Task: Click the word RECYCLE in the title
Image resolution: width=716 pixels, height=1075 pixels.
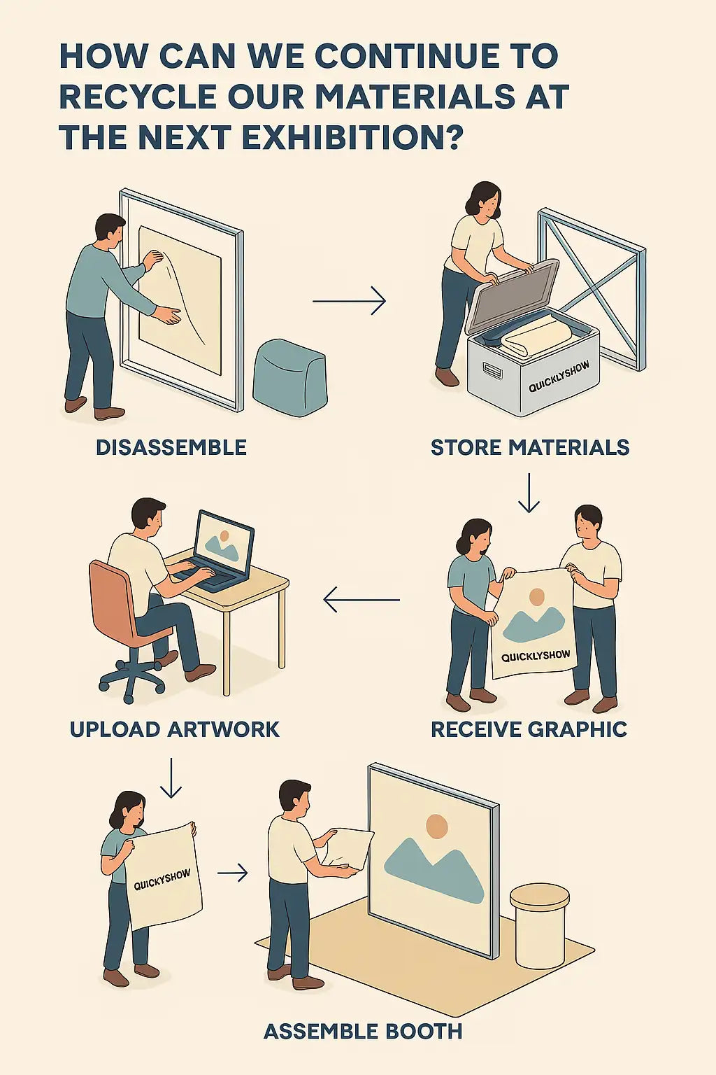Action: pyautogui.click(x=138, y=97)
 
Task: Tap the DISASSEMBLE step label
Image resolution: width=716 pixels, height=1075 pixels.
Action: pyautogui.click(x=171, y=447)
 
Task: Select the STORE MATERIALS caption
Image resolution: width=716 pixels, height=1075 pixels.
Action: pyautogui.click(x=529, y=447)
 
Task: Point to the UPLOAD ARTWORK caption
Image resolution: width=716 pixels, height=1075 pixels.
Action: pyautogui.click(x=175, y=729)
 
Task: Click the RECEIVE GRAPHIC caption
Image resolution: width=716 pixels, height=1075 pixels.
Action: pyautogui.click(x=529, y=729)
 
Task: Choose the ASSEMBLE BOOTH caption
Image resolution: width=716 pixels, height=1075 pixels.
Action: pyautogui.click(x=363, y=1031)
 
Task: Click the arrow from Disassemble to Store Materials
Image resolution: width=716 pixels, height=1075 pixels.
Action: pyautogui.click(x=349, y=301)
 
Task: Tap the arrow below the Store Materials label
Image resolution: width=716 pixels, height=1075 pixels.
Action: pyautogui.click(x=529, y=493)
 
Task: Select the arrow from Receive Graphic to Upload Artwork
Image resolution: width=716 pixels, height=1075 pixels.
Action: pyautogui.click(x=361, y=599)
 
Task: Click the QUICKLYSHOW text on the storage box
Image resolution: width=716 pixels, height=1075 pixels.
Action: pyautogui.click(x=559, y=377)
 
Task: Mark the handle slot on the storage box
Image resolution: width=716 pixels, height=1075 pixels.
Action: pyautogui.click(x=491, y=370)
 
